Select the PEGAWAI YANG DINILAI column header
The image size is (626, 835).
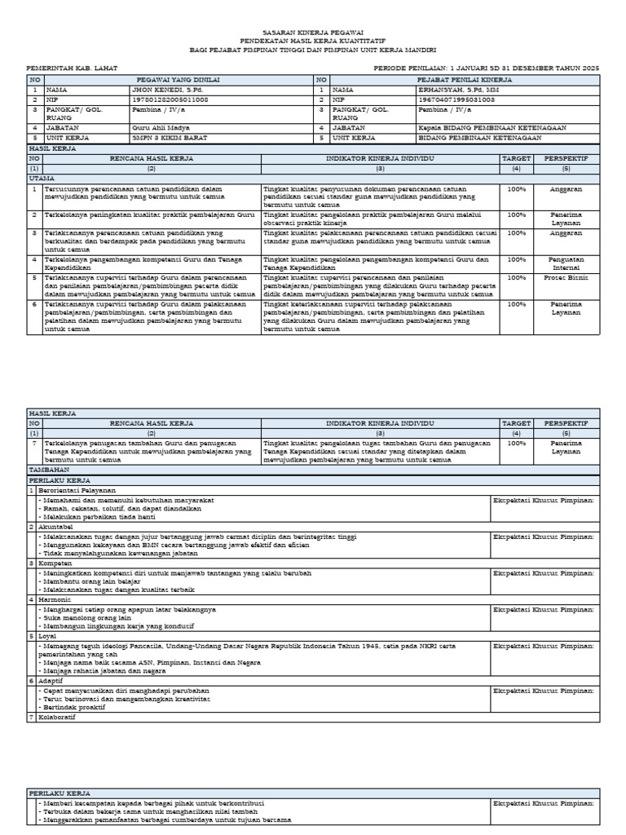coord(170,81)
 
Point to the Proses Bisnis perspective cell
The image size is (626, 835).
coord(566,277)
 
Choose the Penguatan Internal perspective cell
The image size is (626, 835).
coord(566,263)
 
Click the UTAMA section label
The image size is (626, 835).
coord(42,177)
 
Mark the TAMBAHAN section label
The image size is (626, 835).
coord(49,471)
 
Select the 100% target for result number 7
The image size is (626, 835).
coord(516,444)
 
